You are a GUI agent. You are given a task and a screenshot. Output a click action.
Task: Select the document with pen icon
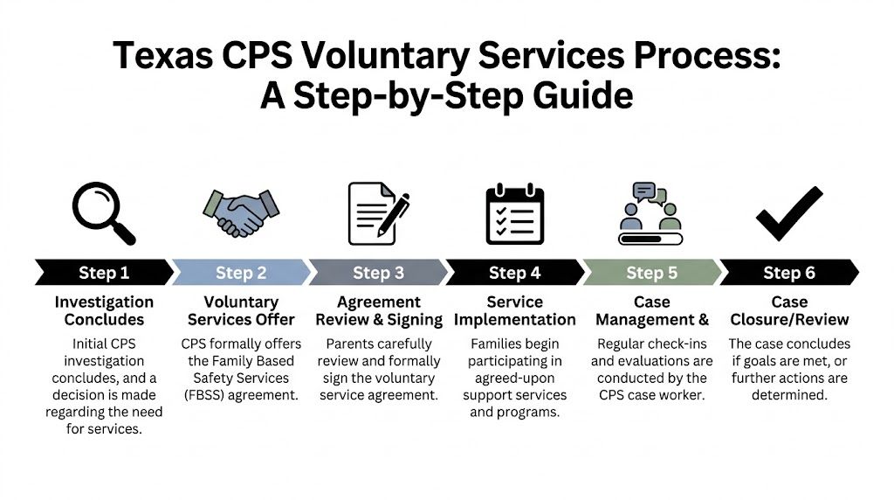(x=377, y=213)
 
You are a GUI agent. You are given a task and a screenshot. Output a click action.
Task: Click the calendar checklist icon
(x=514, y=214)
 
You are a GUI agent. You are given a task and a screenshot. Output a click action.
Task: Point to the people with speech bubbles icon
(x=650, y=213)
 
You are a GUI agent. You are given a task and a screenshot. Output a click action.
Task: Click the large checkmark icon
(x=788, y=213)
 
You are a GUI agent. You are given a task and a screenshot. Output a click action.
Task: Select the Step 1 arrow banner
(x=103, y=273)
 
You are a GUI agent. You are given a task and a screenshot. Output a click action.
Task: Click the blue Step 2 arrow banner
(x=240, y=273)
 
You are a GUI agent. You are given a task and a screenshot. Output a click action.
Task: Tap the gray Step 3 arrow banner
(x=377, y=273)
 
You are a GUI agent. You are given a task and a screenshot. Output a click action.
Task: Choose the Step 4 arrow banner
(x=514, y=273)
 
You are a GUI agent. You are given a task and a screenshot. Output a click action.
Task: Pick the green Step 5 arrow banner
(x=651, y=273)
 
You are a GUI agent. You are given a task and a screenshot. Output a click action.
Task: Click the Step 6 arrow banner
(x=788, y=273)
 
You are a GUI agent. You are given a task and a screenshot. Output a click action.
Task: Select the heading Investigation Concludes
(x=103, y=310)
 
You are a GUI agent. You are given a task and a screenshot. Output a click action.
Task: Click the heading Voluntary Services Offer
(x=241, y=310)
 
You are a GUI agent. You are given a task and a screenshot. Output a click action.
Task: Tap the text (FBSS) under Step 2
(x=205, y=395)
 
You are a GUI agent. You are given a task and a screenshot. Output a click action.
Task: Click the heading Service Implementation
(x=514, y=310)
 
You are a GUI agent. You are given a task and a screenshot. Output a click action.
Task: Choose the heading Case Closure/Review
(x=788, y=310)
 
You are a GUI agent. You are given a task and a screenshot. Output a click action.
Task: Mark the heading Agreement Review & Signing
(x=378, y=310)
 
